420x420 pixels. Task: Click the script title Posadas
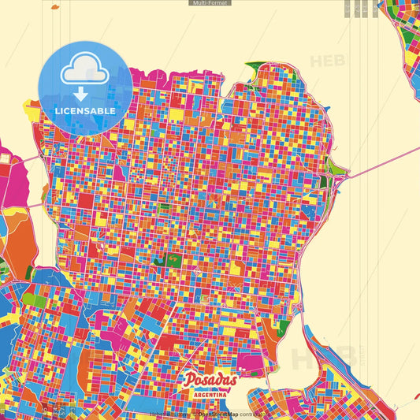[210, 380]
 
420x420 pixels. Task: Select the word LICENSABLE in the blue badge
[85, 111]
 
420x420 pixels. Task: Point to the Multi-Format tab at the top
[210, 3]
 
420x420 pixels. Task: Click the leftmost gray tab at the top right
[348, 9]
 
